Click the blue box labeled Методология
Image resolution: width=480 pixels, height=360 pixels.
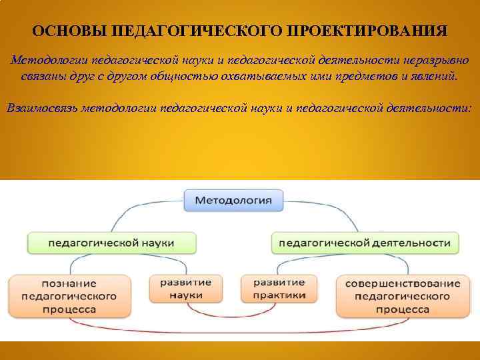point(233,199)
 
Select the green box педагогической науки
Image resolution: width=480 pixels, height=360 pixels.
point(112,242)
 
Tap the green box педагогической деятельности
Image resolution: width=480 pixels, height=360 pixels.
point(365,243)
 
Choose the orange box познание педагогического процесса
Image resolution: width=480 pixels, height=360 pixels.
point(69,296)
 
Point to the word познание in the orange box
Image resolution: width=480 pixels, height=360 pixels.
point(69,283)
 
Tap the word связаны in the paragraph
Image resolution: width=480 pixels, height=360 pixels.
point(42,76)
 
